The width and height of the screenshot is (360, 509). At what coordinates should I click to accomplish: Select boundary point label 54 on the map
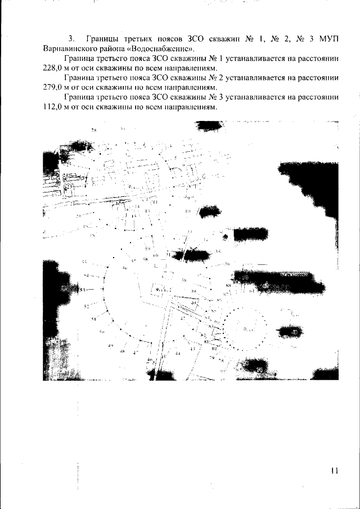pyautogui.click(x=87, y=276)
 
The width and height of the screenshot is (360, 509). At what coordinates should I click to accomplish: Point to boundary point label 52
pyautogui.click(x=87, y=307)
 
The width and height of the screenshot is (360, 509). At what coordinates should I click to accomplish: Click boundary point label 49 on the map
pyautogui.click(x=110, y=345)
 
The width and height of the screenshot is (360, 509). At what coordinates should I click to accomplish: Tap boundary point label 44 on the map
pyautogui.click(x=177, y=354)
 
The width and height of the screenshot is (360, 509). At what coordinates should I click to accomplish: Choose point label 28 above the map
pyautogui.click(x=94, y=130)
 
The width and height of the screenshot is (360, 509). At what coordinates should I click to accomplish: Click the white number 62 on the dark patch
pyautogui.click(x=265, y=286)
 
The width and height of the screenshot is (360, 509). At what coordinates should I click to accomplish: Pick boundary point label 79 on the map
pyautogui.click(x=213, y=357)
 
